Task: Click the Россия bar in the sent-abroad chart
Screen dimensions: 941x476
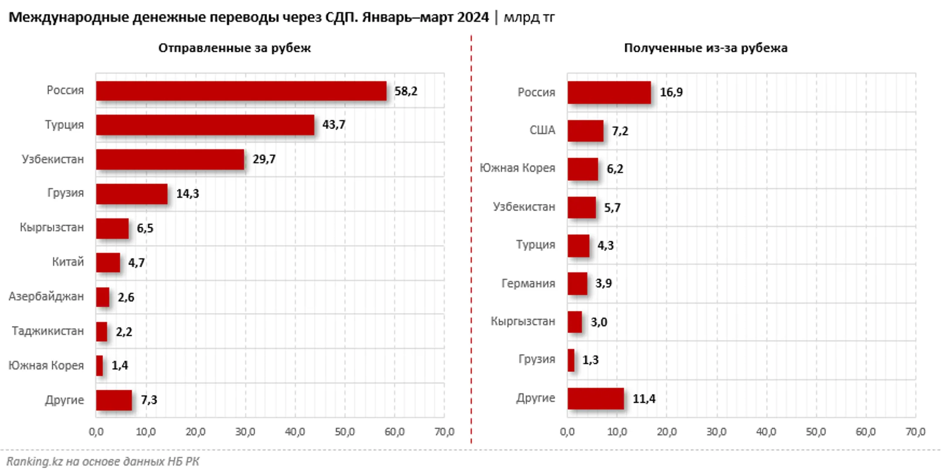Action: tap(241, 91)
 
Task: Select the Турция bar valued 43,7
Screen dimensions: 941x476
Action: tap(205, 125)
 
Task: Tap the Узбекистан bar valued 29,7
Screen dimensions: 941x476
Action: tap(170, 160)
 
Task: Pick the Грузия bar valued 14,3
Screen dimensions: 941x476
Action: tap(132, 194)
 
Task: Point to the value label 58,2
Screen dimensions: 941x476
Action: tap(406, 91)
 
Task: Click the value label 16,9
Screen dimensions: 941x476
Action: tap(671, 92)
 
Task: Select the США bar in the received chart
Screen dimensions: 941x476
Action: tap(586, 131)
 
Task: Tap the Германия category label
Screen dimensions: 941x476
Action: tap(528, 283)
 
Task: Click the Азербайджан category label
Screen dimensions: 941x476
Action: tap(46, 296)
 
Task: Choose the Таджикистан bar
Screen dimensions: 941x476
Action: tap(102, 332)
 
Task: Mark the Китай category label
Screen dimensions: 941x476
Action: tap(68, 262)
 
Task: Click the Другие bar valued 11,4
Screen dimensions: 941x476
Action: tap(596, 398)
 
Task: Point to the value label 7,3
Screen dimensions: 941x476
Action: tap(149, 400)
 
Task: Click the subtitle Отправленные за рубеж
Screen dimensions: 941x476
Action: tap(234, 48)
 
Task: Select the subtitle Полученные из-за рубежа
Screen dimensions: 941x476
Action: tap(706, 48)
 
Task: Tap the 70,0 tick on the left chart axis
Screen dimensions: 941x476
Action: tap(444, 432)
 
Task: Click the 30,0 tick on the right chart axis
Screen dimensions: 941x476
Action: tap(716, 432)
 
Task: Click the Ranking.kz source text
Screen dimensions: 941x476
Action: tap(103, 461)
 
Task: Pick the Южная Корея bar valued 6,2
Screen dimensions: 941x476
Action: tap(583, 169)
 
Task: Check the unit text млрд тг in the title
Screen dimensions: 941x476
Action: tap(529, 17)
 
